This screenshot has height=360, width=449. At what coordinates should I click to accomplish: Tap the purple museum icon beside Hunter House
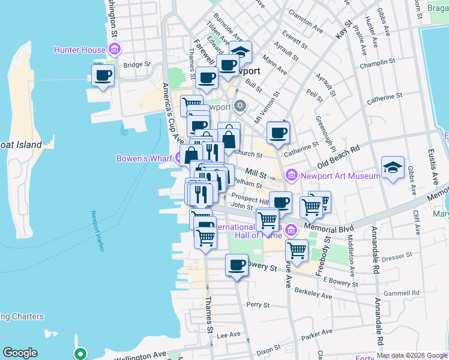[x=113, y=49]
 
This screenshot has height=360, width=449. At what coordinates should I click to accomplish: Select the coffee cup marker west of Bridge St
[x=103, y=76]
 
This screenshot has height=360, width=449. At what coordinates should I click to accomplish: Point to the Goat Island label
[x=20, y=145]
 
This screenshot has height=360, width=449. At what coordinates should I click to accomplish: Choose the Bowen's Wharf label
[x=145, y=159]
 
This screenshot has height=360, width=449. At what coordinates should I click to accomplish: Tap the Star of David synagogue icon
[x=240, y=107]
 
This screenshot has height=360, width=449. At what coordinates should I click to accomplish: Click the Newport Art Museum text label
[x=340, y=176]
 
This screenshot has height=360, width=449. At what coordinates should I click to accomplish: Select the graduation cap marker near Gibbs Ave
[x=393, y=167]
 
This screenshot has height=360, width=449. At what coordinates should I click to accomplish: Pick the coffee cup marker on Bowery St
[x=237, y=265]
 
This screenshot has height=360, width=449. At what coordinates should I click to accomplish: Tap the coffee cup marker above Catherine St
[x=277, y=133]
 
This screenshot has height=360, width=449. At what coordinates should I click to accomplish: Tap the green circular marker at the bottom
[x=80, y=354]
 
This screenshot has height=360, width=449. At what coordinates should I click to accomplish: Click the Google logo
[x=20, y=353]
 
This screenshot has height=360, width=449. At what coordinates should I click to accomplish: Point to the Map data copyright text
[x=411, y=355]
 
